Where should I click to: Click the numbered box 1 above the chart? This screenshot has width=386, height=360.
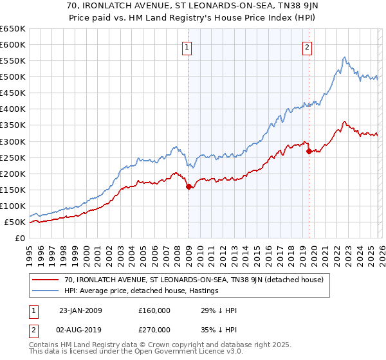[x=186, y=46]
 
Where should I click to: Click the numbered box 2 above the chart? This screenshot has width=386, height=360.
[x=308, y=46]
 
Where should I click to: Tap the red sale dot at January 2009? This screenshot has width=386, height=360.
[x=189, y=187]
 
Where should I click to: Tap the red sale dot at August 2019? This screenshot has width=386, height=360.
[x=309, y=152]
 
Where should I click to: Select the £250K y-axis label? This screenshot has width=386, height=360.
[x=13, y=157]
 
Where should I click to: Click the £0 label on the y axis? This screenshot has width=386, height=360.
[x=20, y=239]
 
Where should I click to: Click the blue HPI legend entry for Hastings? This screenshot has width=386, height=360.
[x=142, y=291]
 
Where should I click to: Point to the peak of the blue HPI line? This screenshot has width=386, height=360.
[x=345, y=57]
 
